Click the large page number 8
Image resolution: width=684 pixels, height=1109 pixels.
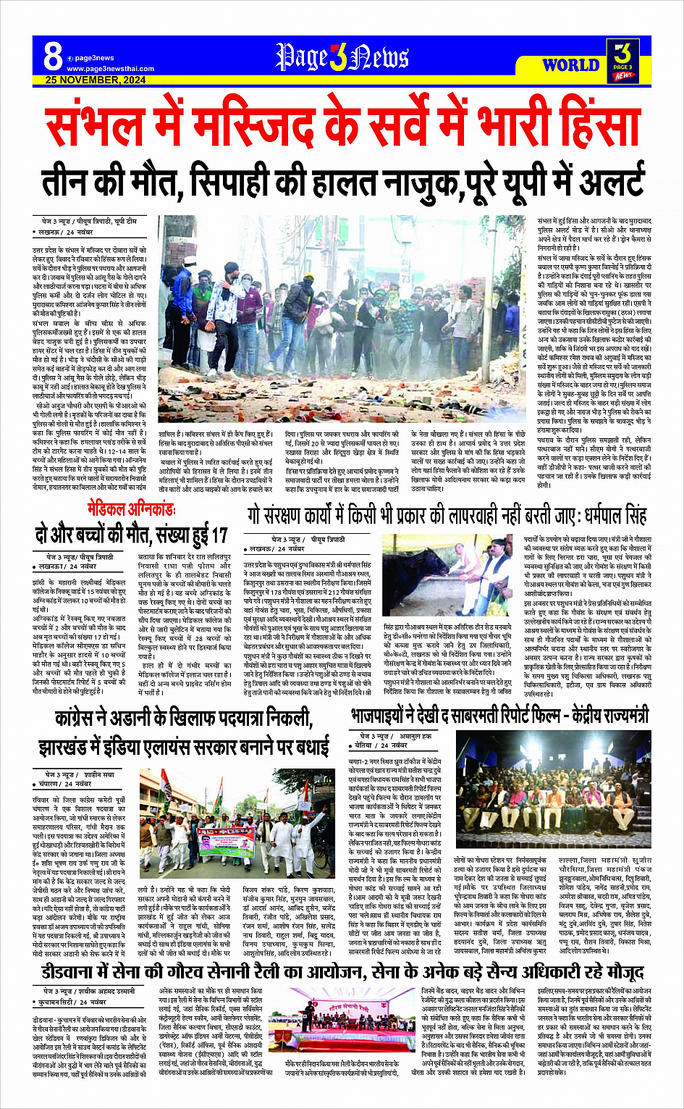point(52,55)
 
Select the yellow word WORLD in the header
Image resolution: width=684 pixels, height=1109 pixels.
point(571,65)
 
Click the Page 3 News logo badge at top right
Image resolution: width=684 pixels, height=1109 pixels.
point(622,60)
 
